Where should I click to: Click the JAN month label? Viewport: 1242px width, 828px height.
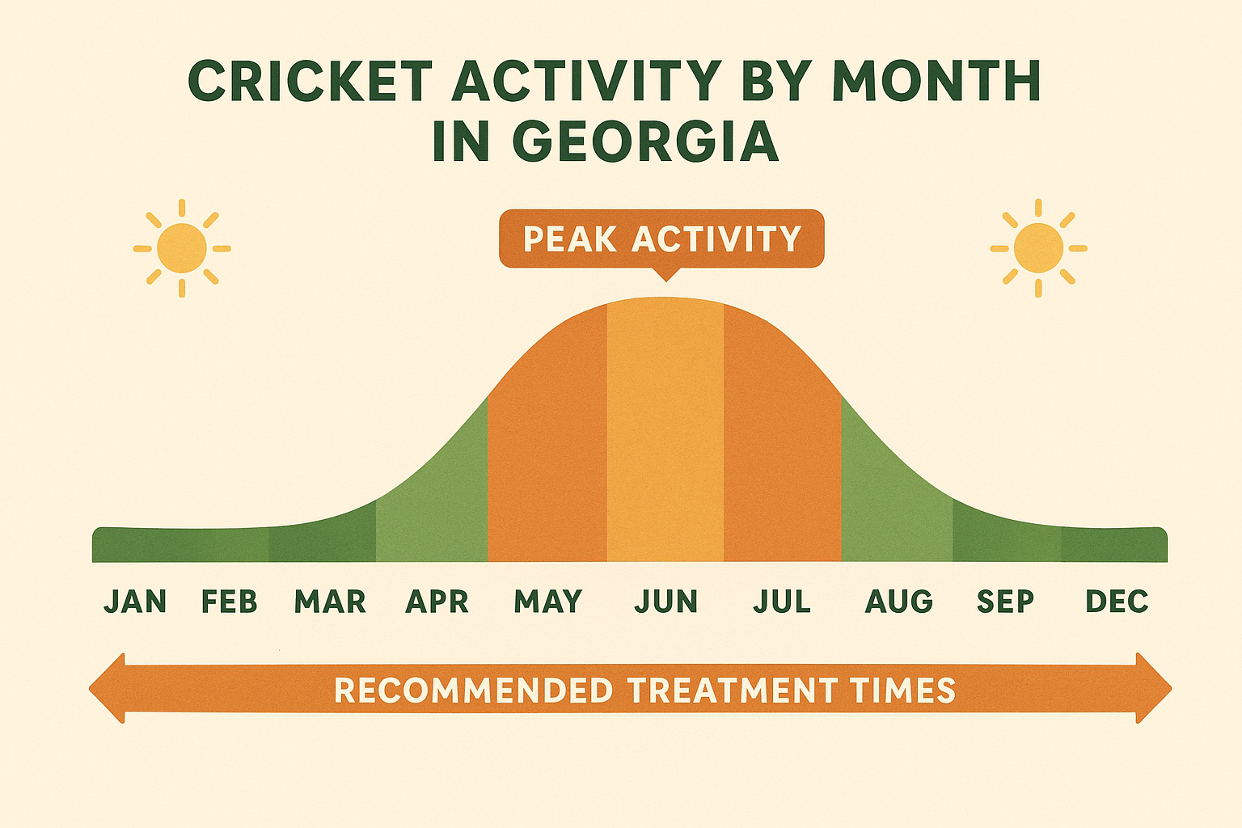click(135, 602)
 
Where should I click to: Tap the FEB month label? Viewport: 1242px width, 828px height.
click(230, 602)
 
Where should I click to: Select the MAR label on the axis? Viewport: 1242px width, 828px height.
click(330, 602)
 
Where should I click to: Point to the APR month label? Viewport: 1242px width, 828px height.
click(437, 602)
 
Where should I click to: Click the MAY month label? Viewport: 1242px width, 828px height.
click(548, 602)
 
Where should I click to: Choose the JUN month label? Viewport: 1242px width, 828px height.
click(665, 602)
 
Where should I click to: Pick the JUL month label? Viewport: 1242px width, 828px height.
click(782, 602)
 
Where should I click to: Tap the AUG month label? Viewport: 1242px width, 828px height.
click(899, 602)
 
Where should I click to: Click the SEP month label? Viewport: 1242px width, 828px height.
click(1005, 602)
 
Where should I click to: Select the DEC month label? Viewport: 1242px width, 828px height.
click(1117, 602)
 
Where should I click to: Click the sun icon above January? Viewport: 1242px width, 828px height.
click(182, 248)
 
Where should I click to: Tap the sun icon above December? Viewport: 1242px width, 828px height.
click(1038, 248)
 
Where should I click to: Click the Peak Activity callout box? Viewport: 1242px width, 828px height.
click(661, 239)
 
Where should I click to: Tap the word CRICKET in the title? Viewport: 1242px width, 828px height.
click(310, 82)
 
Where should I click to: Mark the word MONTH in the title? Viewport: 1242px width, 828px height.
click(936, 82)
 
